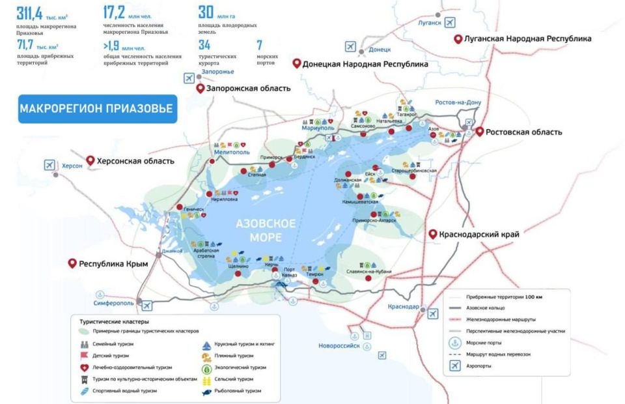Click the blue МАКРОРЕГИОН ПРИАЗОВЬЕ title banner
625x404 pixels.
tap(96, 108)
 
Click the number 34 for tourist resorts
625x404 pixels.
tap(204, 44)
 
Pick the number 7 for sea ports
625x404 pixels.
tap(259, 44)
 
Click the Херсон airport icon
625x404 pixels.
tap(49, 165)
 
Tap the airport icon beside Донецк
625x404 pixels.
tap(351, 47)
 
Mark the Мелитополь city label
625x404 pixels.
tap(233, 152)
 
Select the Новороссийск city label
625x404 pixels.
tap(339, 345)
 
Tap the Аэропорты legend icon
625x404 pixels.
tap(455, 366)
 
